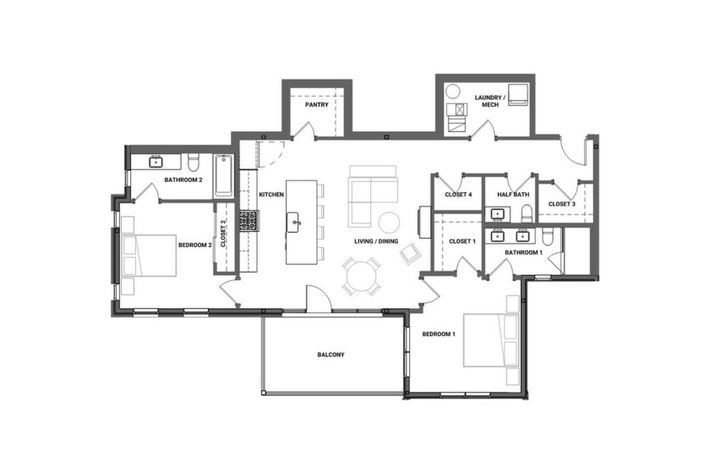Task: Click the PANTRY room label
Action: (x=316, y=106)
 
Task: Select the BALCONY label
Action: (x=331, y=355)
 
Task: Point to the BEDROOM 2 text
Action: (x=194, y=245)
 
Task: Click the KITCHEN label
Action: (x=270, y=195)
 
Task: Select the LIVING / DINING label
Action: (x=376, y=241)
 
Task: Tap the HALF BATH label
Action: (x=512, y=195)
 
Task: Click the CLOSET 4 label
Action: (x=458, y=195)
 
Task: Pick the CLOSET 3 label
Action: (x=562, y=204)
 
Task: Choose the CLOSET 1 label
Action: (x=462, y=241)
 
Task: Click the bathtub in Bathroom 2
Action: (x=223, y=175)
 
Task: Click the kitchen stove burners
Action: (x=248, y=221)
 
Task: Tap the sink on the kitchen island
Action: (x=296, y=224)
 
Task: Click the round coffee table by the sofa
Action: (x=389, y=222)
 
